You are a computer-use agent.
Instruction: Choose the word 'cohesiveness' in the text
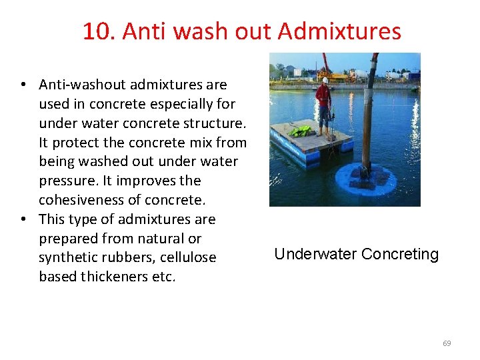[x=78, y=200]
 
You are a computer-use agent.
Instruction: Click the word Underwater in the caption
[x=315, y=254]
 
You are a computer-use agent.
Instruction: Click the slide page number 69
[x=447, y=343]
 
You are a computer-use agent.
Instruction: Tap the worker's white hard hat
[x=324, y=80]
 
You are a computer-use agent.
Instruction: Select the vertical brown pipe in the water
[x=367, y=120]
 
